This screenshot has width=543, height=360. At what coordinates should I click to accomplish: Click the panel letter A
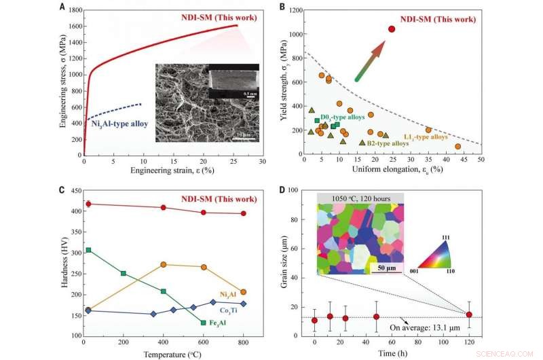point(62,7)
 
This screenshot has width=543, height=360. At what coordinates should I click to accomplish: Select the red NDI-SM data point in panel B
point(392,29)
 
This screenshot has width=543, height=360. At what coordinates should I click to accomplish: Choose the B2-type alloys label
point(388,143)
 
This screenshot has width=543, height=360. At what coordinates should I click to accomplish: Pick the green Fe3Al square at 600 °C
point(204,323)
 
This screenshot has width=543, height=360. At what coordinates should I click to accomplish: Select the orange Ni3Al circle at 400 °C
point(164,265)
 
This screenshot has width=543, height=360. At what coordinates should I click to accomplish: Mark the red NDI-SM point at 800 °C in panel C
point(244,213)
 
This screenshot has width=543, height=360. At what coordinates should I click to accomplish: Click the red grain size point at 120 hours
point(469,314)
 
